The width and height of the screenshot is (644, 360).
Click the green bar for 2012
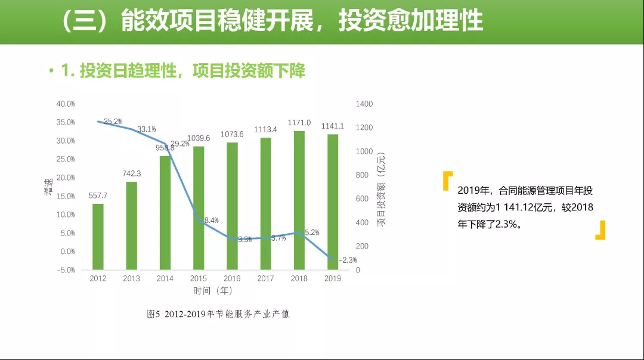(98, 237)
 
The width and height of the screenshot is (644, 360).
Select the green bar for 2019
(333, 203)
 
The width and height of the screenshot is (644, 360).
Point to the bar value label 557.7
(98, 195)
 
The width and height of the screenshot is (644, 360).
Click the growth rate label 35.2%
(113, 122)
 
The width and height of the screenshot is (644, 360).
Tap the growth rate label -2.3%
(347, 260)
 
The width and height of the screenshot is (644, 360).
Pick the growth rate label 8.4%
(211, 221)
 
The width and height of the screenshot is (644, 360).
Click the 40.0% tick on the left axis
(66, 104)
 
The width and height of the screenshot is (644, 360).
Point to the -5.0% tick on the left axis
(66, 270)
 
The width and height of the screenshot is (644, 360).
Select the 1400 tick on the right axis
(364, 104)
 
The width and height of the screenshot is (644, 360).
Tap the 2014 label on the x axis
(165, 279)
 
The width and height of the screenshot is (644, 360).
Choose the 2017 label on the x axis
(265, 279)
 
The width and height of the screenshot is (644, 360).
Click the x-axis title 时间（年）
(213, 291)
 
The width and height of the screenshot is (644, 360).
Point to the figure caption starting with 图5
(218, 314)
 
